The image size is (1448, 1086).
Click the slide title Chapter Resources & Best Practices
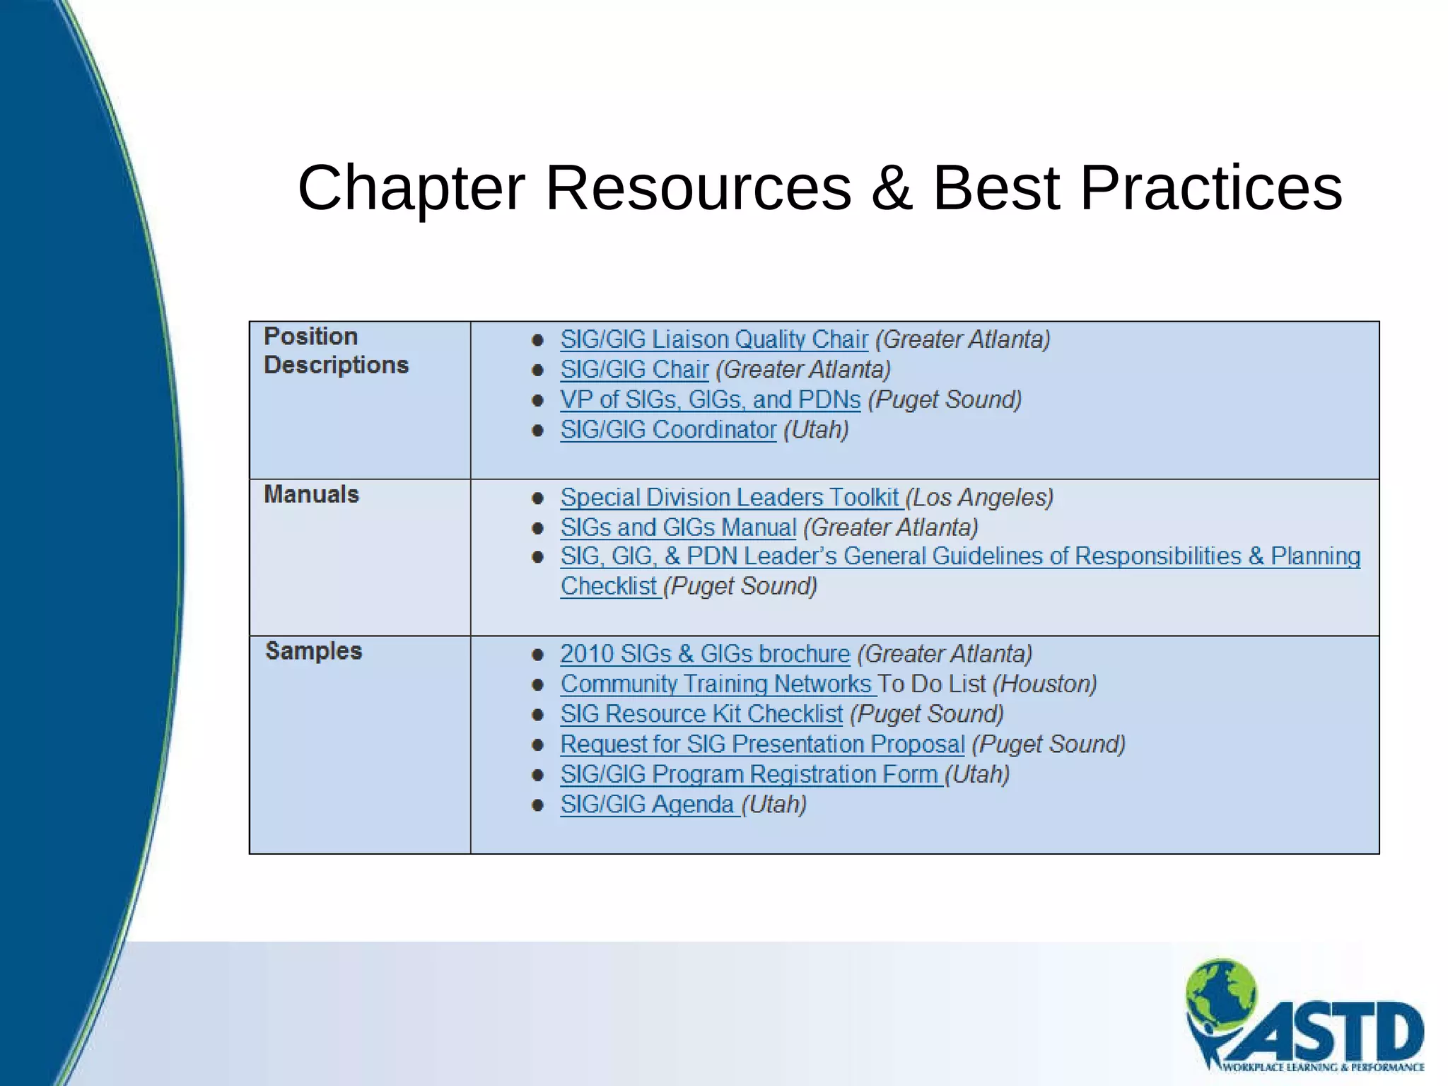pyautogui.click(x=819, y=187)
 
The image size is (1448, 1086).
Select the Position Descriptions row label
pyautogui.click(x=336, y=351)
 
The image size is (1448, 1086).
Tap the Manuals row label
pyautogui.click(x=311, y=494)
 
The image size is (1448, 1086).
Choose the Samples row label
pyautogui.click(x=313, y=650)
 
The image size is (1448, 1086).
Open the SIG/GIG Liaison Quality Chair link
pyautogui.click(x=713, y=339)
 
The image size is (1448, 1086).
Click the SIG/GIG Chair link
pyautogui.click(x=634, y=370)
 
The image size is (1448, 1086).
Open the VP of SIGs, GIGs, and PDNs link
pyautogui.click(x=710, y=400)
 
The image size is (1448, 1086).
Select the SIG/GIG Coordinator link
pyautogui.click(x=668, y=430)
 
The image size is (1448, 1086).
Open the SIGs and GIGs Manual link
pyautogui.click(x=678, y=527)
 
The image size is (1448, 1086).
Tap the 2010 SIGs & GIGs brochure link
pyautogui.click(x=705, y=654)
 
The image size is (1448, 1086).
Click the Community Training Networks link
pyautogui.click(x=716, y=684)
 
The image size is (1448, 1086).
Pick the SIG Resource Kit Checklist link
pyautogui.click(x=701, y=714)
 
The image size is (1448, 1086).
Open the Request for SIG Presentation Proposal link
pyautogui.click(x=762, y=745)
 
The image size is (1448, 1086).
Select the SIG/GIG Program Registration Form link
pyautogui.click(x=749, y=775)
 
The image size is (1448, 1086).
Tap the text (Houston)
pyautogui.click(x=1045, y=684)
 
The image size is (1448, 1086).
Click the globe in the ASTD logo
pyautogui.click(x=1222, y=991)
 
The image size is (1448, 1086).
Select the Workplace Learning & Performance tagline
pyautogui.click(x=1323, y=1067)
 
